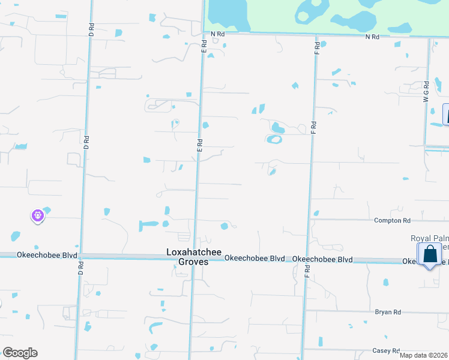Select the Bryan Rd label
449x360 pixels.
(387, 312)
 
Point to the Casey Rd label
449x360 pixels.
(385, 350)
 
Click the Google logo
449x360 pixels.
(20, 353)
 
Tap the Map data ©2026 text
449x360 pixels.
(423, 355)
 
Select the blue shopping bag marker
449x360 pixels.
(430, 254)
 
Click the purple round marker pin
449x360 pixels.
(38, 215)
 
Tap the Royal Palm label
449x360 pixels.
(429, 238)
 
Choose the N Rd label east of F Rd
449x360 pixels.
(372, 37)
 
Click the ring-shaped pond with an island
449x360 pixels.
(274, 140)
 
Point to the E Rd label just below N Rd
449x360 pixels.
(203, 44)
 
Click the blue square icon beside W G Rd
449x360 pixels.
(446, 115)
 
